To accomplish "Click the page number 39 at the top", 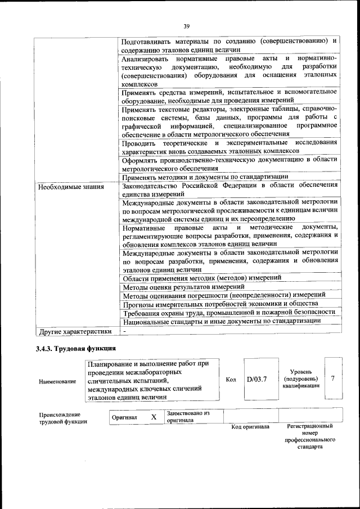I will pyautogui.click(x=186, y=25).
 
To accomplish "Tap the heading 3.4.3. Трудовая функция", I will pyautogui.click(x=76, y=349).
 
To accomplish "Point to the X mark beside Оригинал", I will pyautogui.click(x=153, y=417).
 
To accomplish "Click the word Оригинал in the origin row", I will pyautogui.click(x=124, y=417).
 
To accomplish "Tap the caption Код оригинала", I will pyautogui.click(x=250, y=427).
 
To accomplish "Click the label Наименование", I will pyautogui.click(x=57, y=382).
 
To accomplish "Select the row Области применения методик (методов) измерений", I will pyautogui.click(x=202, y=278).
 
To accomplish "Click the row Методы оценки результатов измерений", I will pyautogui.click(x=183, y=287).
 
